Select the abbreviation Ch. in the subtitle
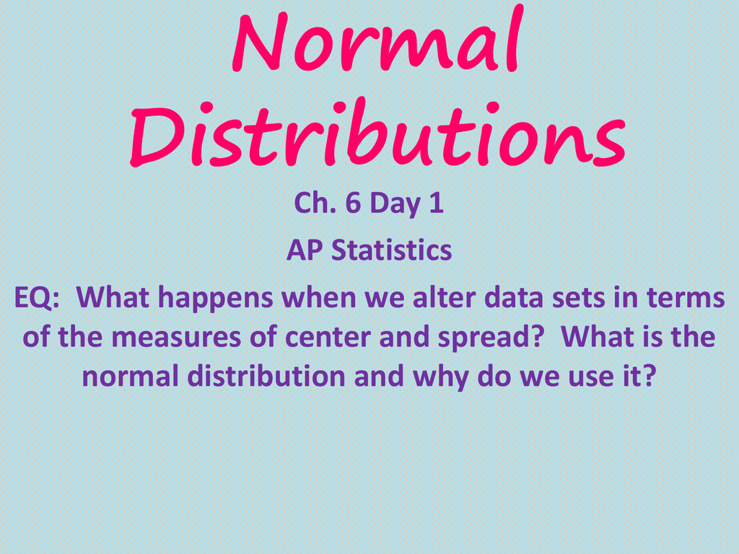(x=312, y=204)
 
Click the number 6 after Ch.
(x=352, y=204)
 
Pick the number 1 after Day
(x=436, y=204)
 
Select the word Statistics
(x=392, y=250)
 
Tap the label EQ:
(x=38, y=298)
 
